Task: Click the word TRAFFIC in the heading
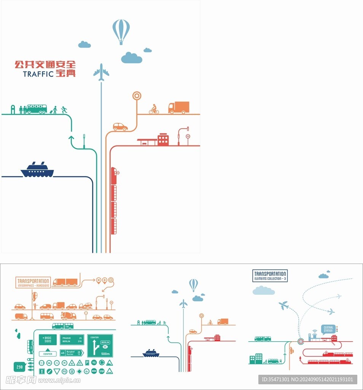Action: point(38,74)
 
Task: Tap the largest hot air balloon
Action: point(121,31)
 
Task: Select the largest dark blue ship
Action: point(37,170)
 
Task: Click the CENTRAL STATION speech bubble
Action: point(328,329)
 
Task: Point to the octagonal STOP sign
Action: point(102,371)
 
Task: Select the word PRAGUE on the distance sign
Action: point(67,337)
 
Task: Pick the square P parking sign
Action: point(87,363)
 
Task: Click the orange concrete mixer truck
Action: point(68,315)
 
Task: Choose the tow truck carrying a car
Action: point(85,306)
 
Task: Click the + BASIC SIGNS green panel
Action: point(48,339)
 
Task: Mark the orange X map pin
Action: point(99,280)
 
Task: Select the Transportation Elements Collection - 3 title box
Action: point(270,275)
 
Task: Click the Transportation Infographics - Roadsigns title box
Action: point(33,282)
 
